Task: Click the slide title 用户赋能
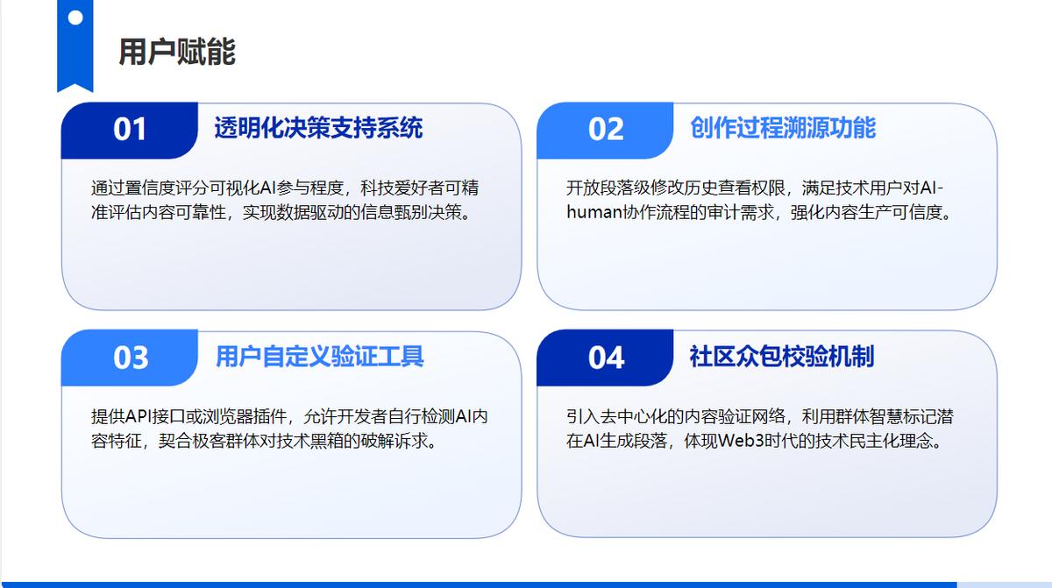pos(177,52)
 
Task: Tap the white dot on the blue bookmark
pos(75,18)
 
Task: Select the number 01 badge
pos(129,130)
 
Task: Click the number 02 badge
pos(606,130)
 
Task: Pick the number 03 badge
pos(129,358)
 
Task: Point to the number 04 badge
pos(606,358)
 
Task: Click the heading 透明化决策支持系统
pos(318,128)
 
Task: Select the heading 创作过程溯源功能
pos(783,128)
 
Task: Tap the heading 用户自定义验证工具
pos(320,356)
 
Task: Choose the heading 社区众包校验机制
pos(782,356)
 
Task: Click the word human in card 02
pos(594,213)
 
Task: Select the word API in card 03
pos(139,417)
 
